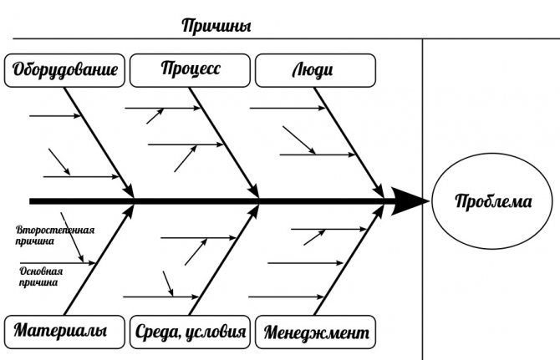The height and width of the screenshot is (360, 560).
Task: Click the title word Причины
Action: click(216, 25)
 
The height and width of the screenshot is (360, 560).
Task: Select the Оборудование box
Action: click(64, 70)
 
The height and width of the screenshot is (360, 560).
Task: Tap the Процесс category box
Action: click(191, 69)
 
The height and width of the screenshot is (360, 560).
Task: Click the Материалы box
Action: click(60, 332)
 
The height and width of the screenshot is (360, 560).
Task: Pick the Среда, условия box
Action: click(191, 332)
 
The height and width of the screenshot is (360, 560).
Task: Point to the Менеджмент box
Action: click(315, 332)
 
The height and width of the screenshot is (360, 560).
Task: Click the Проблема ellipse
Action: click(491, 201)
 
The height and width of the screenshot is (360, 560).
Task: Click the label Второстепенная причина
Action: click(53, 235)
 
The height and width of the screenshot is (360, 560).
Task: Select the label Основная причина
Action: click(42, 276)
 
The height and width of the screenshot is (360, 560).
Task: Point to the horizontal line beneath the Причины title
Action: click(251, 38)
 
